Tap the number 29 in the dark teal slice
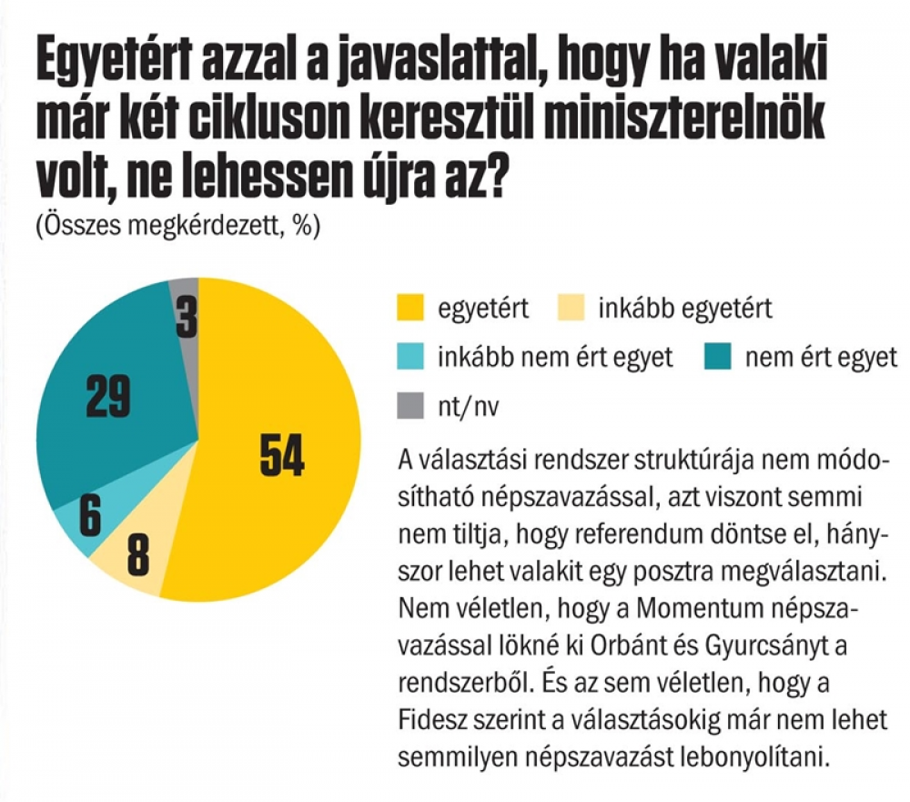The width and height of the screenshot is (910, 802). coord(107,397)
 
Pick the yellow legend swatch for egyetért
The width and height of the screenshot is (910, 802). coord(410,309)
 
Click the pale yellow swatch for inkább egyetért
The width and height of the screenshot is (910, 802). coord(571,309)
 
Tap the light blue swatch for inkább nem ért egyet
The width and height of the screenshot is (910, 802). coord(410,357)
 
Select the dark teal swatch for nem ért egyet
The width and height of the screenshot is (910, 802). coord(716,357)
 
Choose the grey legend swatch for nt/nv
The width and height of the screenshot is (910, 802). coord(410,406)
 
